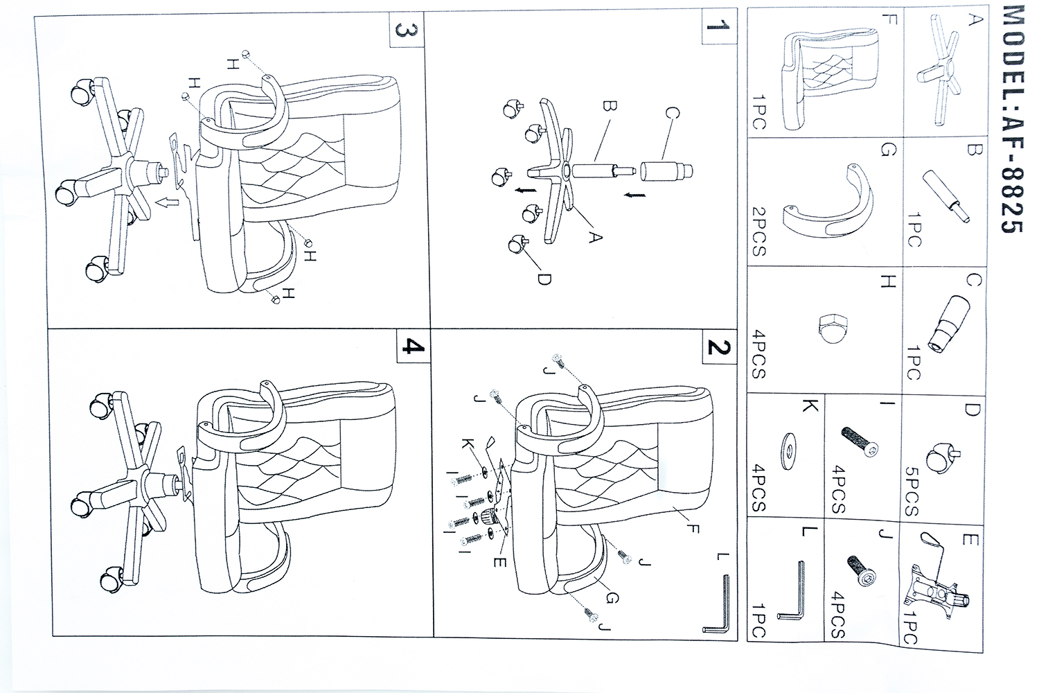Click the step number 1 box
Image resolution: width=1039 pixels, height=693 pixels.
click(716, 29)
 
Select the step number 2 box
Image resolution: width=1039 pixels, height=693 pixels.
click(716, 346)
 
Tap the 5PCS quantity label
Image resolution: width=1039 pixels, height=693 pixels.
click(912, 493)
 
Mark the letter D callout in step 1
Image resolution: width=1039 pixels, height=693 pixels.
click(544, 279)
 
